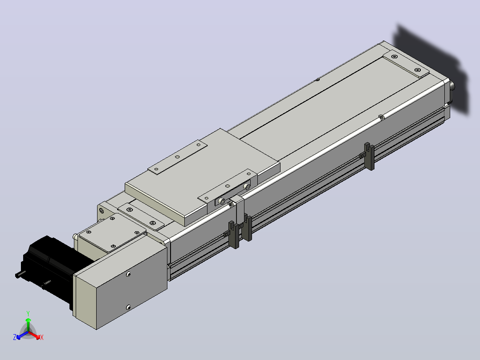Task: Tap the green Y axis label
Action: (28, 314)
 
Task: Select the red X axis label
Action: (42, 337)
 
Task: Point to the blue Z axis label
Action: (15, 337)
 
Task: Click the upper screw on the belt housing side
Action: (129, 274)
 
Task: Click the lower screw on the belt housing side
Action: (128, 307)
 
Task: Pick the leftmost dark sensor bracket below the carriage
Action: (234, 234)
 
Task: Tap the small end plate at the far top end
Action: (406, 64)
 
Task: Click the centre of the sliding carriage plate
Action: (202, 177)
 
